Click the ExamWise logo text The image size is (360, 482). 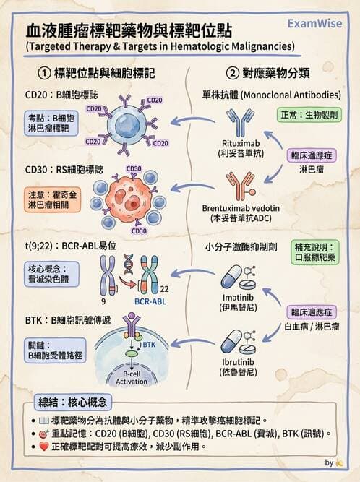317,22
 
